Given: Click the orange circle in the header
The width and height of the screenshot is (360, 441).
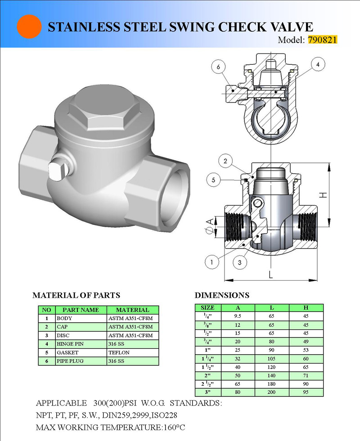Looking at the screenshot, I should click(29, 26).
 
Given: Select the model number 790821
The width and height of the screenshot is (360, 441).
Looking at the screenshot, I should click(322, 40).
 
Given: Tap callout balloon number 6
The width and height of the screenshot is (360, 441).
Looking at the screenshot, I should click(219, 67).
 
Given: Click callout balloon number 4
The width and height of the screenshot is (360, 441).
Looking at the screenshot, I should click(318, 65).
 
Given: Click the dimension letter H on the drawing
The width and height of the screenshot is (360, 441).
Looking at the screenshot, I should click(322, 194).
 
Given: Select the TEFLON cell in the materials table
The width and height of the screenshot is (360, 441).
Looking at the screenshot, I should click(118, 353).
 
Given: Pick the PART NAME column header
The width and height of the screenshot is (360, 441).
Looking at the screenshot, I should click(81, 310).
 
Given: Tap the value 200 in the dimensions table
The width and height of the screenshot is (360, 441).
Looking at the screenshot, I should click(272, 392).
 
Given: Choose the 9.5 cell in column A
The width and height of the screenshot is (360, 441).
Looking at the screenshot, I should click(238, 316).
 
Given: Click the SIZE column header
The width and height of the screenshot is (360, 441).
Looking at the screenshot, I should click(207, 308).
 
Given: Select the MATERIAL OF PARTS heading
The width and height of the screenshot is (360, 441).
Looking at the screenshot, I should click(76, 295).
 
